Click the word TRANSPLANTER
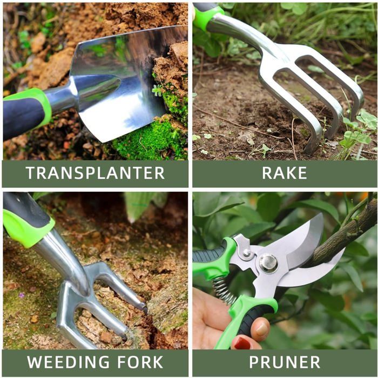click(95, 173)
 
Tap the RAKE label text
click(285, 173)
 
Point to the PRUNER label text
click(285, 362)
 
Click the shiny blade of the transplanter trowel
click(124, 81)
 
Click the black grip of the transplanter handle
click(19, 116)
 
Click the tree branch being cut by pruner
click(346, 232)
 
